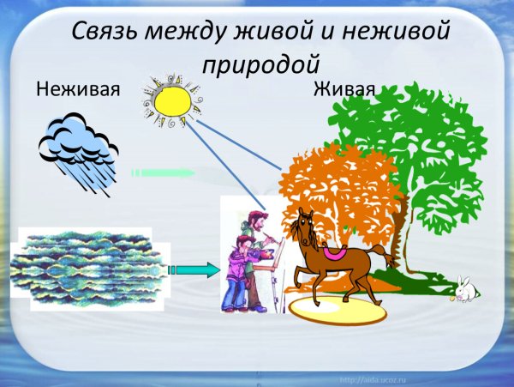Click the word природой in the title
[261, 63]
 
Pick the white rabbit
[465, 290]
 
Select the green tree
[411, 137]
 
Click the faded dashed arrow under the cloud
[163, 173]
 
